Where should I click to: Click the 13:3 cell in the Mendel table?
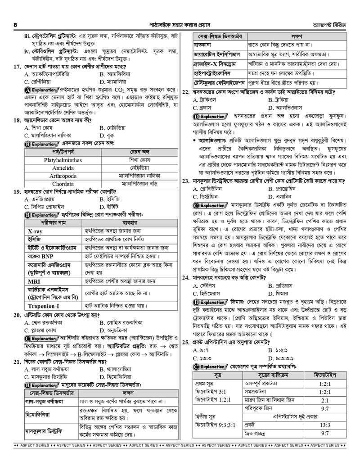324,425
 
